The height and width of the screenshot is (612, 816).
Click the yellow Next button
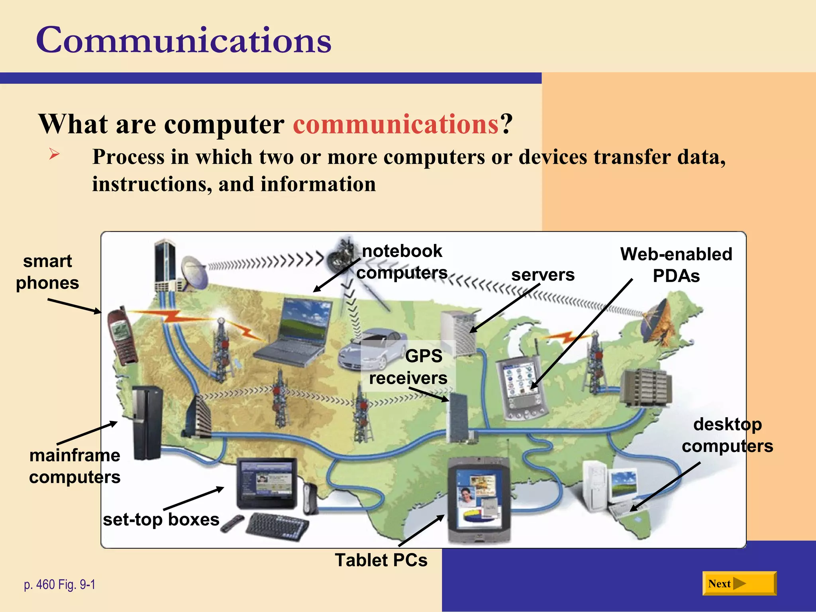point(739,584)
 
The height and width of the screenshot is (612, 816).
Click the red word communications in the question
point(396,124)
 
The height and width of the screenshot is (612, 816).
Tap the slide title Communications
point(184,40)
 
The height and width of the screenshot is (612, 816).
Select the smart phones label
point(47,272)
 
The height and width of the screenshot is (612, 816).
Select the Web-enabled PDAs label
point(676,265)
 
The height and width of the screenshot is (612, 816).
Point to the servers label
point(543,275)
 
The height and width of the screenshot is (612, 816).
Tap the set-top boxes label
point(161,520)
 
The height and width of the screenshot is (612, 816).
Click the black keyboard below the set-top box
point(278,526)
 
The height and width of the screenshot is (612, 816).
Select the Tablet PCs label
point(381,560)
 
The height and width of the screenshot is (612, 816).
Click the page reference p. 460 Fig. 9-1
point(60,585)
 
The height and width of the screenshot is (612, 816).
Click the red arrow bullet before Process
point(54,154)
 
